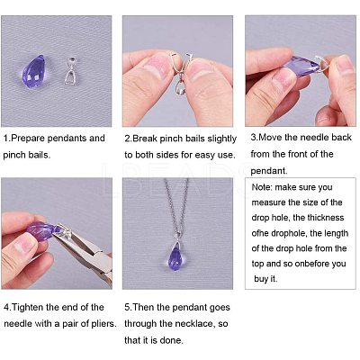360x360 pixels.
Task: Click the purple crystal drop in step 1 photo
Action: click(34, 71)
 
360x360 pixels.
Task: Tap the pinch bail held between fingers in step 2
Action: click(181, 75)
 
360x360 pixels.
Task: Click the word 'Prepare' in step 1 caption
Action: click(28, 139)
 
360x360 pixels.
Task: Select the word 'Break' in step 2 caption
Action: click(145, 139)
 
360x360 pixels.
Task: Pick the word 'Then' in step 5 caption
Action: click(143, 308)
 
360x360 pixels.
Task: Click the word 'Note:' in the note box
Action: click(262, 187)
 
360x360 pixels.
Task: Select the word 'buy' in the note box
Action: click(261, 279)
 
